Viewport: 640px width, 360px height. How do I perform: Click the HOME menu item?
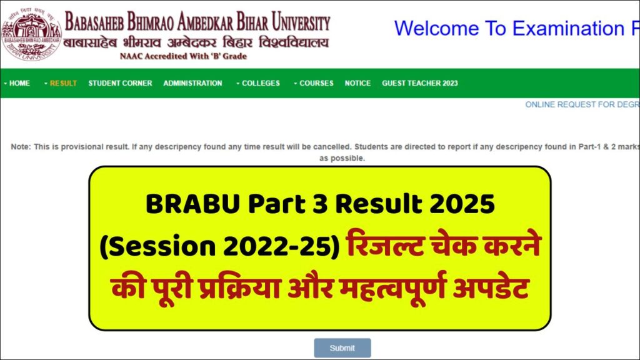19,83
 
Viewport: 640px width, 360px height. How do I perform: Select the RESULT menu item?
63,83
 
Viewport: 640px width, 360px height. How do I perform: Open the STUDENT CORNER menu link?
120,83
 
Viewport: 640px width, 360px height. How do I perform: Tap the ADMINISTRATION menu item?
192,83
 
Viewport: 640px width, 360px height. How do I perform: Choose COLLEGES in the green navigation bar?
261,83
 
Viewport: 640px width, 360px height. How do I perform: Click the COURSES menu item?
316,83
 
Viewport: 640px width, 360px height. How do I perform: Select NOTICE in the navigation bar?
357,83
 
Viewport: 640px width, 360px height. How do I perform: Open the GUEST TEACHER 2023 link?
420,83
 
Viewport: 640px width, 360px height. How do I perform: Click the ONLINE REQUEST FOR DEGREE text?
581,104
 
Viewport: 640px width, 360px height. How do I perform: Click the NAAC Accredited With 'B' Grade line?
183,56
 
